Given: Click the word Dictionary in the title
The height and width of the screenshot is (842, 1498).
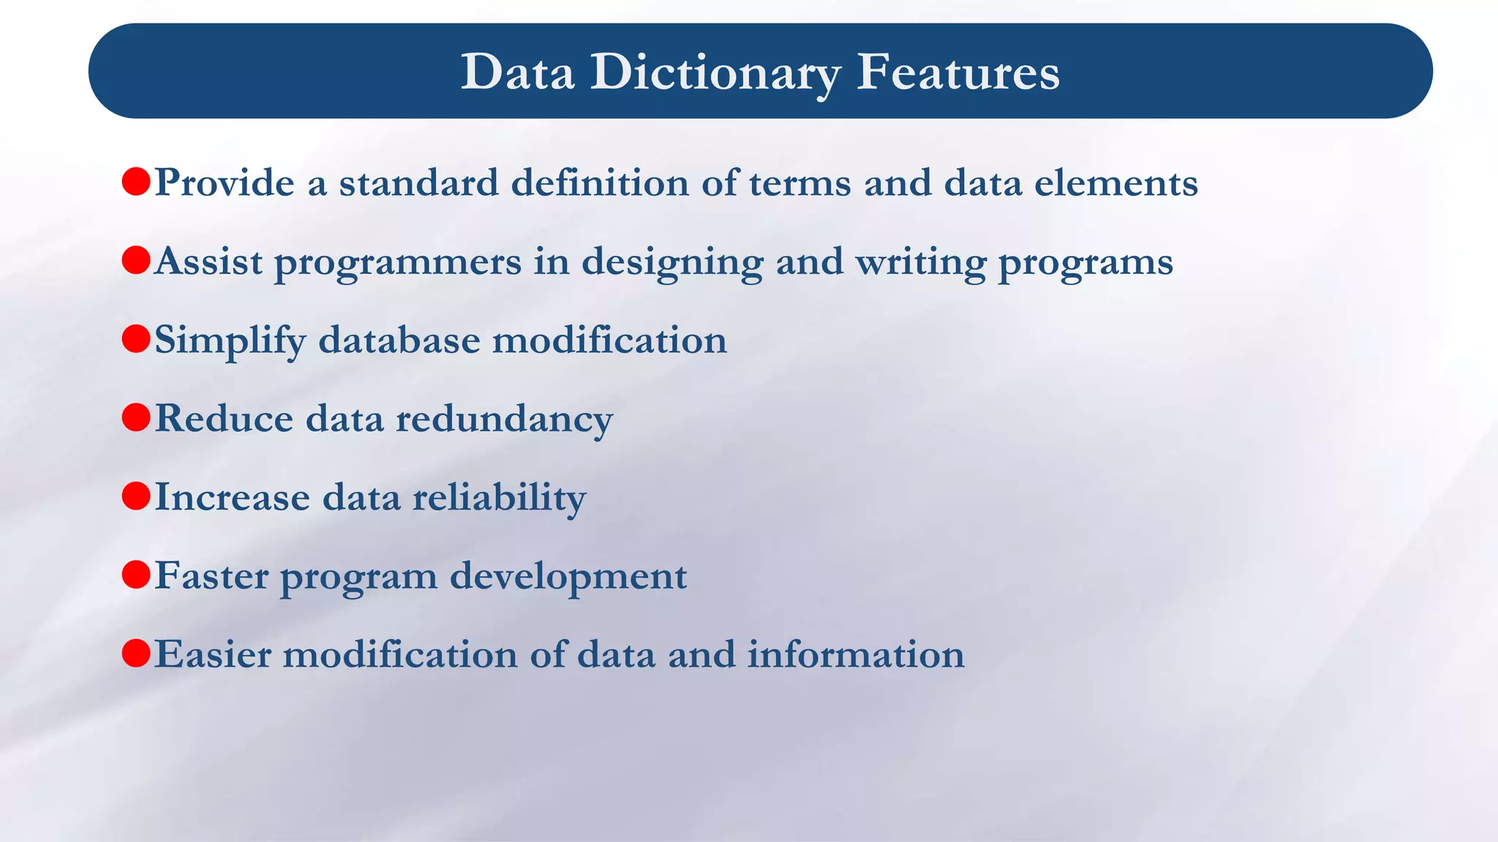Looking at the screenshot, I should (x=715, y=73).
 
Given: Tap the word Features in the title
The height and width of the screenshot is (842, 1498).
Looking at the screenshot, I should (x=957, y=72).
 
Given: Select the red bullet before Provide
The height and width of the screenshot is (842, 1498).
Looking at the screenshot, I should (x=136, y=181).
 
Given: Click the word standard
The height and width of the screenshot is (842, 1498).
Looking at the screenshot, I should (x=418, y=182).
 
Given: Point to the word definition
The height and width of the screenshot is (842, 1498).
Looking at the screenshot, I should (x=599, y=182).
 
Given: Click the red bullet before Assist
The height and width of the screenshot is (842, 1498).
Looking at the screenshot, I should (x=136, y=260).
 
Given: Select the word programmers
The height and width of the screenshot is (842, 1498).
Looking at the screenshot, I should (x=398, y=262).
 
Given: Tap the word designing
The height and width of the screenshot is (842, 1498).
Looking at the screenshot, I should (x=672, y=262).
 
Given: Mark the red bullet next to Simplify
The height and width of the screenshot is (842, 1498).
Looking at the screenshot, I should (x=136, y=339).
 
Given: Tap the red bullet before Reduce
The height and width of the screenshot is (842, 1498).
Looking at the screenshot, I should (x=136, y=417).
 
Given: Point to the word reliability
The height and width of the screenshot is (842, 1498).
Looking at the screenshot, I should (x=499, y=498).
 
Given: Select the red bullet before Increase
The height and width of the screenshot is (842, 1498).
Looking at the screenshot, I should (x=136, y=496).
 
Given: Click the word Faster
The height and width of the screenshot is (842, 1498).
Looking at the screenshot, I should (x=211, y=576).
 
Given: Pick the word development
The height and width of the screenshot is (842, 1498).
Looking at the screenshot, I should (x=568, y=577).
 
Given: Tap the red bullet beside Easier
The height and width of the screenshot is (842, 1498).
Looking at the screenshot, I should (x=136, y=653).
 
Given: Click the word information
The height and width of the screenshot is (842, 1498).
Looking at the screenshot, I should (x=855, y=654).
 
